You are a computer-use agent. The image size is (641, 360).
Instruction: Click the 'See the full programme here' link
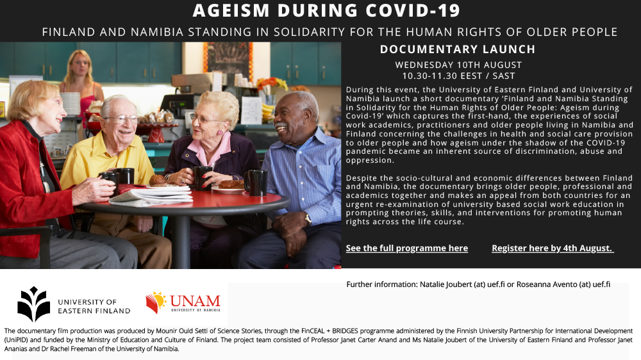click(x=407, y=248)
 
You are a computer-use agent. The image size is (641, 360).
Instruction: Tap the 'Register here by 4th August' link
click(x=553, y=248)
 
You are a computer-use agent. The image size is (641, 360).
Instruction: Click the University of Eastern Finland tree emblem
click(x=33, y=304)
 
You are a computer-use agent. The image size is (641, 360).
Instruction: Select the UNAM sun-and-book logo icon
click(x=156, y=302)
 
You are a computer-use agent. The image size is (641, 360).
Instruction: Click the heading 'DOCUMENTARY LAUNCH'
click(x=458, y=49)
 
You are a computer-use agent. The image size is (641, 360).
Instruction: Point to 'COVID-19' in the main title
click(x=413, y=11)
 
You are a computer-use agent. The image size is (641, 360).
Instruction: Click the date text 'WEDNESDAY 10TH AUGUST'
click(x=458, y=65)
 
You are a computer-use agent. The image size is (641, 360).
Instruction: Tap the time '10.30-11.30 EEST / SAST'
click(x=458, y=76)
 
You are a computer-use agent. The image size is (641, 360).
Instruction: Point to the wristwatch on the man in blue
click(x=308, y=220)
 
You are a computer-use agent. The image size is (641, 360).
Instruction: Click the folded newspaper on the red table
click(x=151, y=195)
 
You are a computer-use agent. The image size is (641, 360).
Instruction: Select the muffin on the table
click(x=158, y=180)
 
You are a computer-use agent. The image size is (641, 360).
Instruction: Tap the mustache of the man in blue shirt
click(x=281, y=124)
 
